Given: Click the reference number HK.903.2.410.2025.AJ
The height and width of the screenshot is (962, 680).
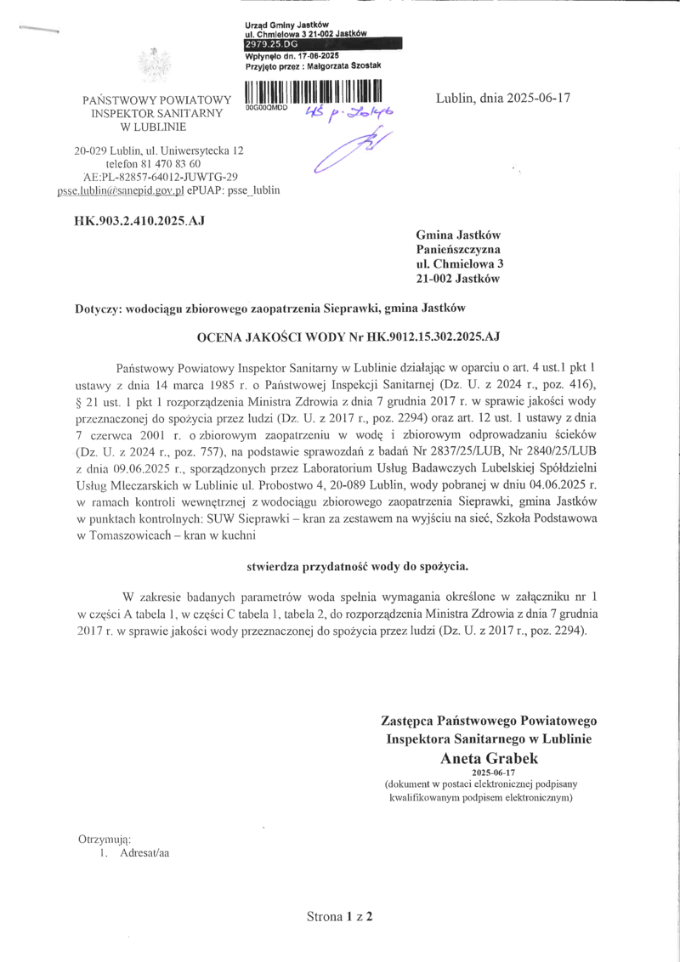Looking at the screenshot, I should (x=139, y=221).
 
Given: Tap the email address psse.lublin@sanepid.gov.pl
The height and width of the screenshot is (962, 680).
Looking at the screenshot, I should (x=121, y=191).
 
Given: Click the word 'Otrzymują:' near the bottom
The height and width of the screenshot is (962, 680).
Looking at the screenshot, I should (x=102, y=840).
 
